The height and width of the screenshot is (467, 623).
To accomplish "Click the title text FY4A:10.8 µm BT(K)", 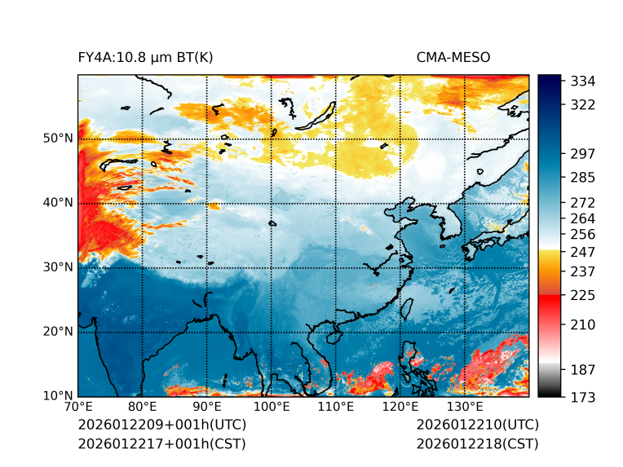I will [x=146, y=57].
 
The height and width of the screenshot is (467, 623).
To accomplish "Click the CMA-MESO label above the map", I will [x=453, y=57].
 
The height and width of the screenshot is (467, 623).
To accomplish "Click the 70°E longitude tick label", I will [x=78, y=408].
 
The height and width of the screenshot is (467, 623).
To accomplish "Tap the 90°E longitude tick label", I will [x=207, y=408].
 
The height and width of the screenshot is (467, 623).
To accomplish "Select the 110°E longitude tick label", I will [x=336, y=408].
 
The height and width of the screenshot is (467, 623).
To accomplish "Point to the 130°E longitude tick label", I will [x=465, y=408].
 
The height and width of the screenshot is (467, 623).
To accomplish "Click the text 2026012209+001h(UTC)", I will [x=162, y=425].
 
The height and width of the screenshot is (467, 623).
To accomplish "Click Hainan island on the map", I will [x=331, y=337].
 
